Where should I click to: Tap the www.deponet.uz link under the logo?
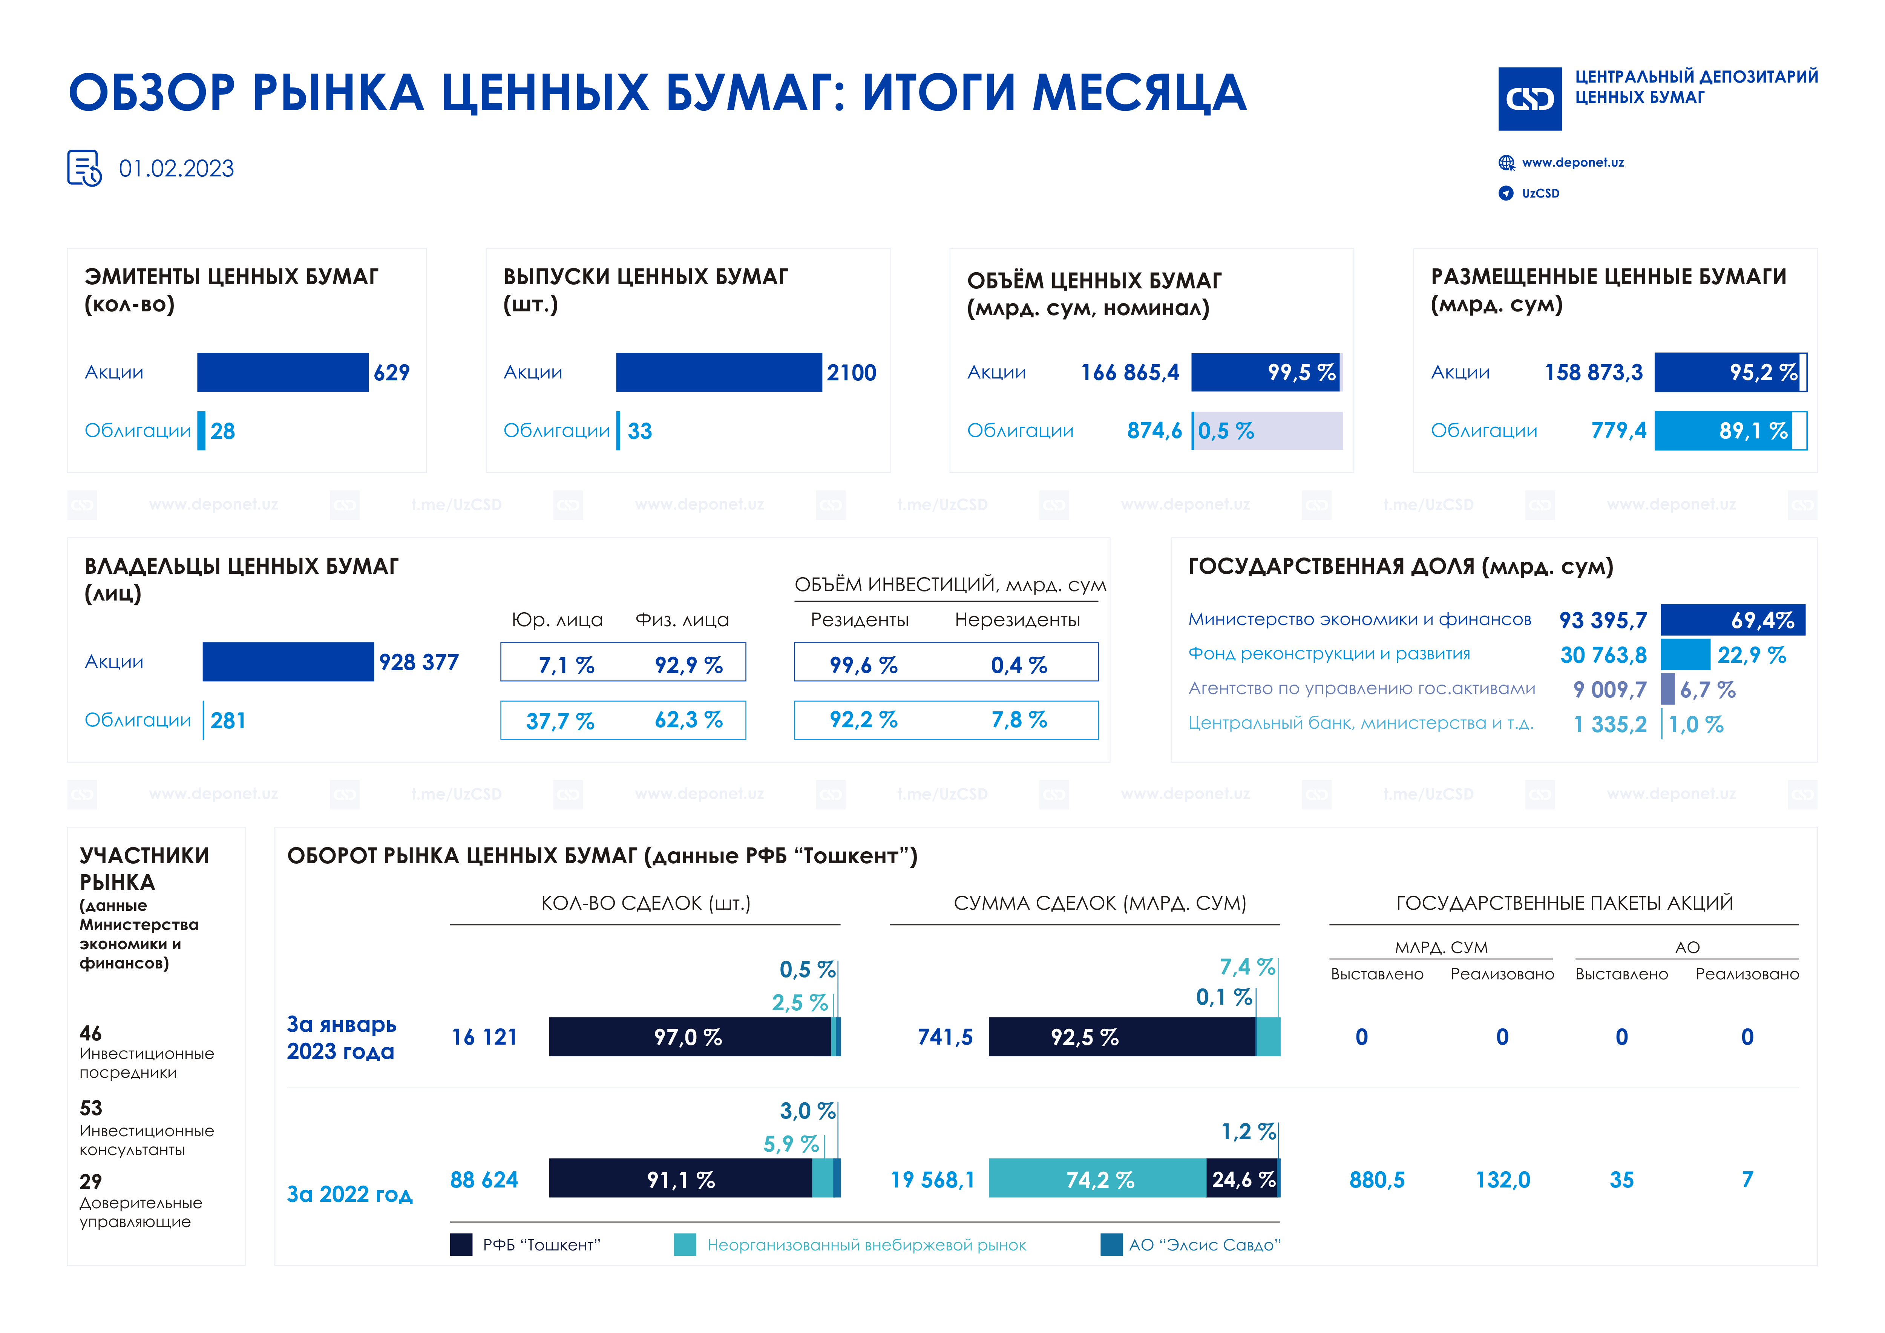pos(1572,162)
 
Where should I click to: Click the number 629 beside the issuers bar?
pos(392,373)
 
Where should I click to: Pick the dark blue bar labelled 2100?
pos(718,373)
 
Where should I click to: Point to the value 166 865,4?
pos(1130,373)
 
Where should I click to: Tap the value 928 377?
pos(419,662)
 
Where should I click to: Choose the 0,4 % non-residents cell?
pos(1019,665)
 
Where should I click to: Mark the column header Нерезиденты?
pos(1017,620)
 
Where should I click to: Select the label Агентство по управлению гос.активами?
pos(1361,689)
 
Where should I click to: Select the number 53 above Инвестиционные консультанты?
pos(91,1108)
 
